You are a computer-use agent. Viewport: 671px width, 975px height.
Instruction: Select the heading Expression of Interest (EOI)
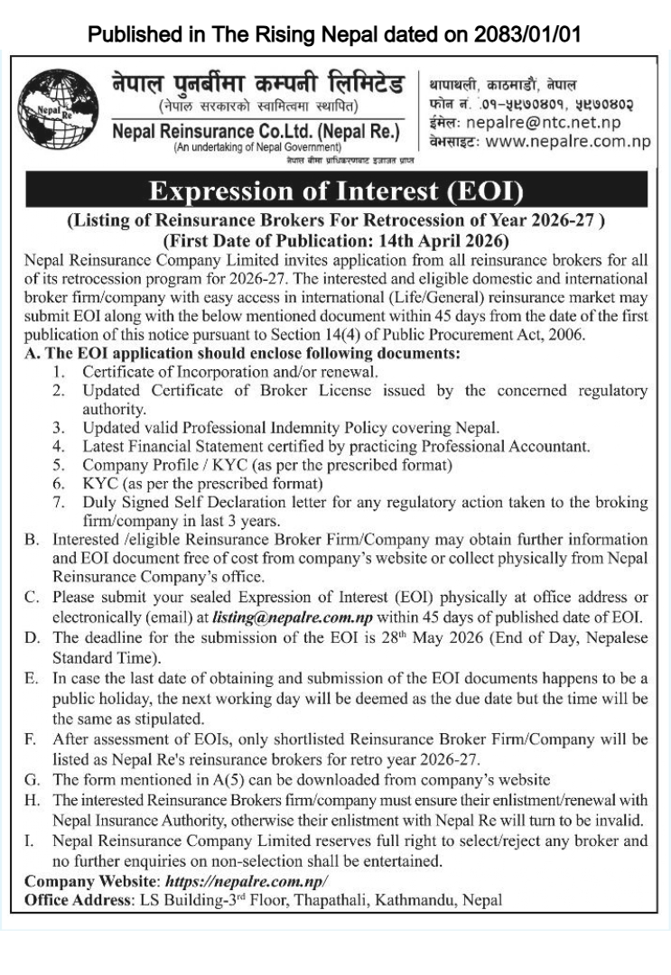point(335,192)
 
